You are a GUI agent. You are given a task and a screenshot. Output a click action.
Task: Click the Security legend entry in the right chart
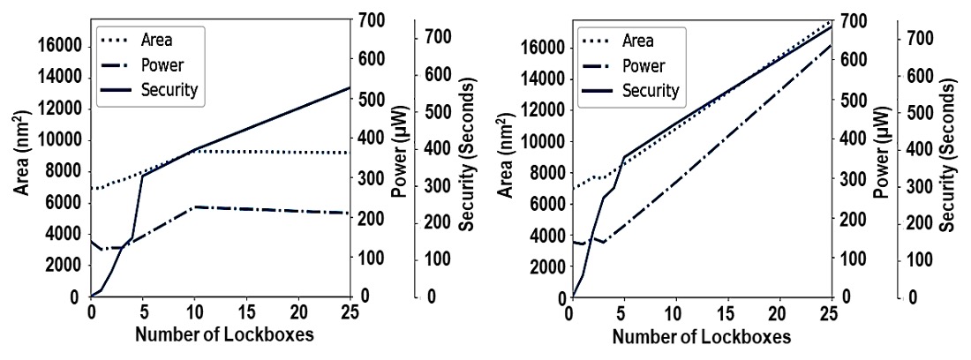point(651,90)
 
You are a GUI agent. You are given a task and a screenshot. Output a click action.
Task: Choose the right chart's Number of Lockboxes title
point(702,337)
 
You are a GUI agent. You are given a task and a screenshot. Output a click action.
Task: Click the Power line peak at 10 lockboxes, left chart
point(194,206)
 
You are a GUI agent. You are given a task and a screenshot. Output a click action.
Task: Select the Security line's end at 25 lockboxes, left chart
point(350,87)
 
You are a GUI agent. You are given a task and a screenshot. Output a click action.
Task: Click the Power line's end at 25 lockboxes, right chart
point(831,44)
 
